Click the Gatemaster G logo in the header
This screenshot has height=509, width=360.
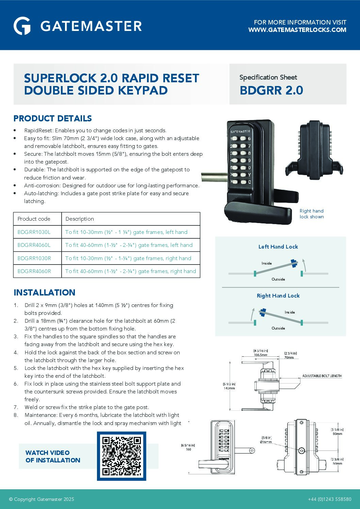point(22,26)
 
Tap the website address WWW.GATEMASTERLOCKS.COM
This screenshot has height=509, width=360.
point(297,30)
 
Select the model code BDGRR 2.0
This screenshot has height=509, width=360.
point(271,90)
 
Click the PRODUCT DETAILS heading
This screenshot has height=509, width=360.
point(53,118)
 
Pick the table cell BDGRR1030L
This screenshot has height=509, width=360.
point(34,232)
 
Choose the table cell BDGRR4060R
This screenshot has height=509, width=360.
point(34,271)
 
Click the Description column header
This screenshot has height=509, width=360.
point(80,219)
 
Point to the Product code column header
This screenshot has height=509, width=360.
point(34,219)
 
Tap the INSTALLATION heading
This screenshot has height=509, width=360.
point(45,292)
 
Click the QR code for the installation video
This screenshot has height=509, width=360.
point(121,456)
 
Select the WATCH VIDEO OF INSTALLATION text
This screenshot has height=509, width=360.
point(53,456)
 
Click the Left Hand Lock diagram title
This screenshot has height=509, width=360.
point(278,247)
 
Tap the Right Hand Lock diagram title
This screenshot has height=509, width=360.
point(278,296)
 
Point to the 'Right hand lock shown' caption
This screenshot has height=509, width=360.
point(311,214)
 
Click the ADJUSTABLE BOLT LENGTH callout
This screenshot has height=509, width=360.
point(322,376)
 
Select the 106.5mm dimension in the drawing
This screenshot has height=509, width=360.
point(260,355)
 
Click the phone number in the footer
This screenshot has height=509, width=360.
point(329,499)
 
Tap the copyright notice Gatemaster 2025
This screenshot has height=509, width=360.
point(42,499)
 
